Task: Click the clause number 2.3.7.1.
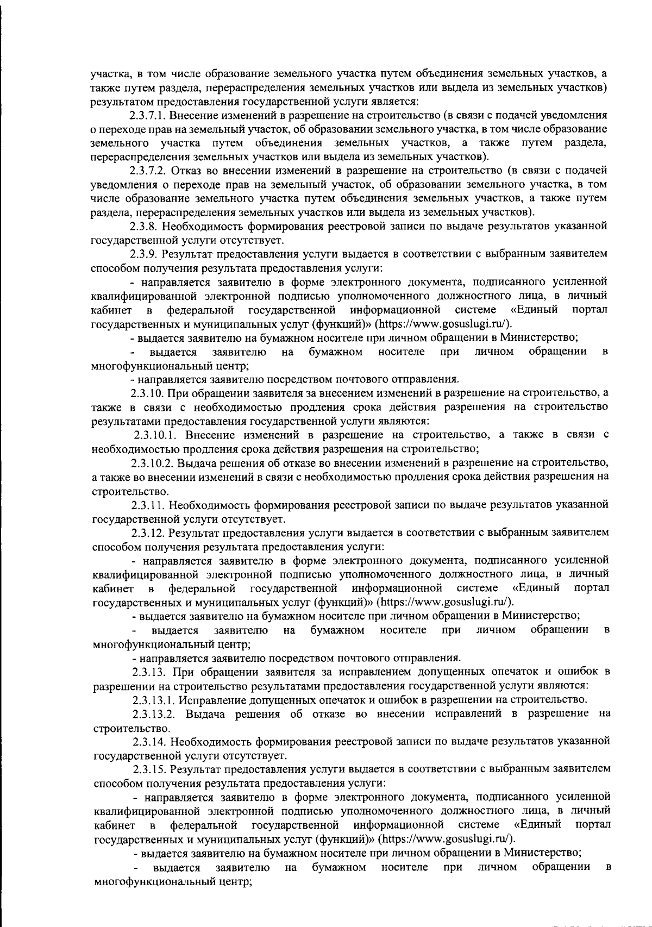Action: (x=148, y=115)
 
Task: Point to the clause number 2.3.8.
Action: (x=143, y=226)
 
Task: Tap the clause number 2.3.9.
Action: (x=143, y=254)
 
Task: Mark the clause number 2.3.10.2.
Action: (x=153, y=463)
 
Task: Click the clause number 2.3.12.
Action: (x=148, y=532)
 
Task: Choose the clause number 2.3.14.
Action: (x=148, y=741)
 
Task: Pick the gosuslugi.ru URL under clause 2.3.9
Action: (x=443, y=324)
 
